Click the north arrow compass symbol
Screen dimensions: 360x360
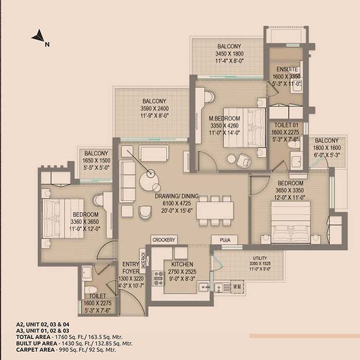38,37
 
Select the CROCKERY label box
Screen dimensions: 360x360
164,240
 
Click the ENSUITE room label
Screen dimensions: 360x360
285,69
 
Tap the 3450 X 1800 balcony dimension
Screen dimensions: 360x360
228,53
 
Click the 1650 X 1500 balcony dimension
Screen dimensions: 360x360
96,160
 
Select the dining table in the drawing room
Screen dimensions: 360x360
214,210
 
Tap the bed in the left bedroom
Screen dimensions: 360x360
53,219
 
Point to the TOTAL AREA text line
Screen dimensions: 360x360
75,337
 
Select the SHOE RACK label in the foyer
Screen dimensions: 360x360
143,262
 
